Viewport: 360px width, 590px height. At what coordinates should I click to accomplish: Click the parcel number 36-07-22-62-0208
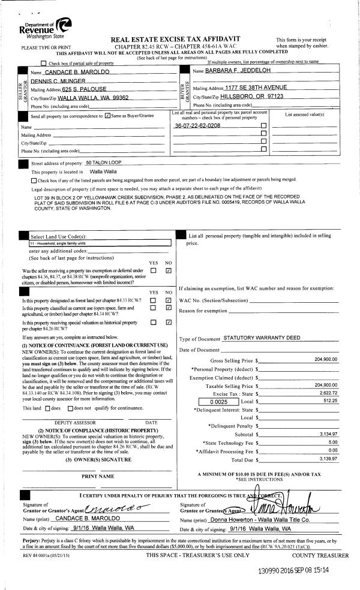click(197, 126)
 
